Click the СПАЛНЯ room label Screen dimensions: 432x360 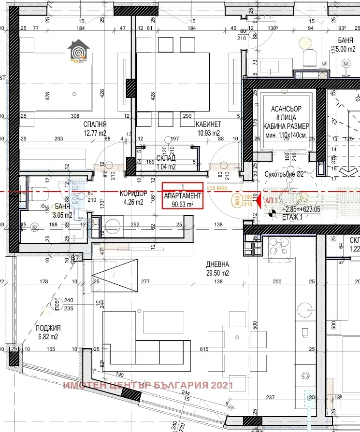(x=95, y=125)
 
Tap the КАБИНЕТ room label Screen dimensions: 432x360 (x=209, y=125)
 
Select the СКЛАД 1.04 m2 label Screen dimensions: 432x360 (x=166, y=158)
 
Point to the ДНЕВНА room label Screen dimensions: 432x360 (x=217, y=265)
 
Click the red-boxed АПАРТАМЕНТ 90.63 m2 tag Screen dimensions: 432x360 (x=182, y=196)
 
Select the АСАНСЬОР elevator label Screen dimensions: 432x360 (x=286, y=109)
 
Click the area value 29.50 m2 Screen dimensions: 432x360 (x=217, y=273)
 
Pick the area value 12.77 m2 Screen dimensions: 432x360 (x=95, y=133)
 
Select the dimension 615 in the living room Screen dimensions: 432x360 (x=203, y=348)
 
